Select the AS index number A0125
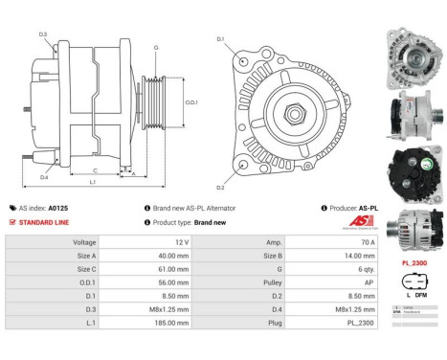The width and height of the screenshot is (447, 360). pos(58,207)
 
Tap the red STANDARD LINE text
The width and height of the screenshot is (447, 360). pos(45,222)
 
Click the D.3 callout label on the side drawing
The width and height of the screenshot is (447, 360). pos(43,34)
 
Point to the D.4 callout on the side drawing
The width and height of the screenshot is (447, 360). pos(44,176)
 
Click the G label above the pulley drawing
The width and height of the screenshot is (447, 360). pos(156,46)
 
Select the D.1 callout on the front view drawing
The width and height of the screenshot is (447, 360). pos(220,39)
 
